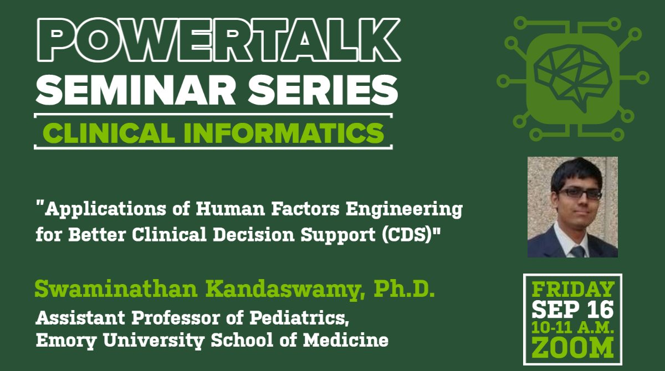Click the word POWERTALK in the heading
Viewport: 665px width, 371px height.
coord(217,40)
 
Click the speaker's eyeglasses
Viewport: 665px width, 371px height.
coord(580,194)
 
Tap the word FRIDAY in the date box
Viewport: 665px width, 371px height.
coord(573,289)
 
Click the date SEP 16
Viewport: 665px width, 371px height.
coord(573,309)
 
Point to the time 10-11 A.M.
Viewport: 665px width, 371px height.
coord(573,327)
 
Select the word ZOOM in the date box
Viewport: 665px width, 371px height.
coord(573,348)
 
